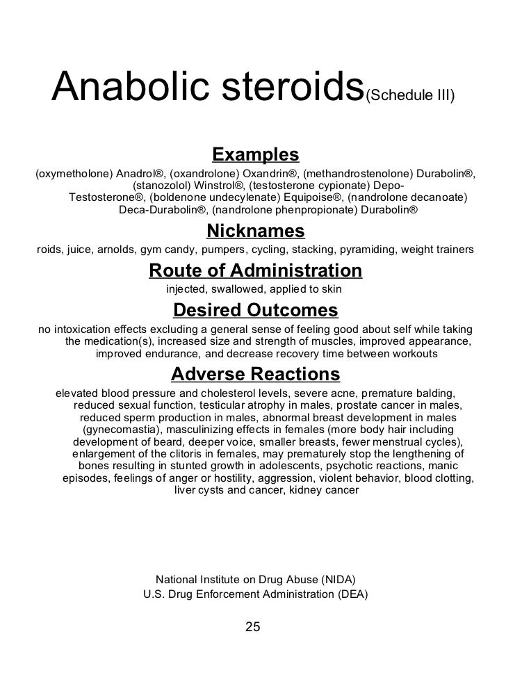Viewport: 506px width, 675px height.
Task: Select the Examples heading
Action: pos(255,154)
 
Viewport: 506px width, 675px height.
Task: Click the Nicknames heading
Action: pos(256,231)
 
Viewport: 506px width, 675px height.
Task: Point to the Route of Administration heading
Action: pos(256,270)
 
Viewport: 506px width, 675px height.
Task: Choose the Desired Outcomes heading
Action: pos(255,309)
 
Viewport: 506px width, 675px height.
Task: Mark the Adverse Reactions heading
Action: pos(255,375)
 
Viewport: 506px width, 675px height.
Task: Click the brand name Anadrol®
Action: pos(142,173)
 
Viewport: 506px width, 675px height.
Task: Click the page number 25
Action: pos(253,627)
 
